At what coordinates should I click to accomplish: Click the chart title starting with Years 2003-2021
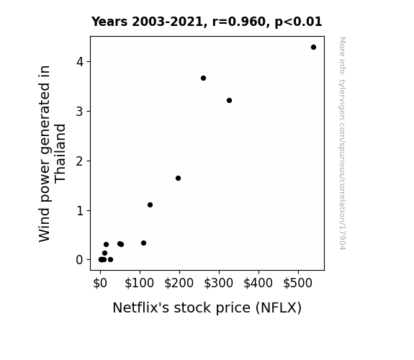tap(207, 22)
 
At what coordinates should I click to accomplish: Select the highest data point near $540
tap(313, 48)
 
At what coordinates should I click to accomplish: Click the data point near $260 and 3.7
tap(203, 78)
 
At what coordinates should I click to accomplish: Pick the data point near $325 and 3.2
tap(229, 100)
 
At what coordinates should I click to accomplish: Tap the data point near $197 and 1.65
tap(179, 179)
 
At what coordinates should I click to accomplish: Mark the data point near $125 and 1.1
tap(150, 204)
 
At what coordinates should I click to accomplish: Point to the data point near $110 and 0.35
tap(143, 243)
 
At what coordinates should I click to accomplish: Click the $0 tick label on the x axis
tap(100, 284)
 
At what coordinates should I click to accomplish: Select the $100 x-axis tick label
tap(139, 284)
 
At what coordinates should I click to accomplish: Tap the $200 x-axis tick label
tap(179, 284)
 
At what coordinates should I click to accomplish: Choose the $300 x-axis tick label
tap(219, 284)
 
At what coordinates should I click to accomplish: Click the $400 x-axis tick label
tap(258, 284)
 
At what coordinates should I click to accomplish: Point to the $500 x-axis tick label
tap(298, 284)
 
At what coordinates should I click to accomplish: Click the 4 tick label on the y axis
tap(80, 62)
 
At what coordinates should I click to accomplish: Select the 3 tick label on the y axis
tap(80, 112)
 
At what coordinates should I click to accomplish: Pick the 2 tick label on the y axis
tap(80, 161)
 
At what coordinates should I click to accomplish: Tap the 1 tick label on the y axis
tap(80, 211)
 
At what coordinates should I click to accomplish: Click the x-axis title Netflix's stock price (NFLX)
tap(207, 308)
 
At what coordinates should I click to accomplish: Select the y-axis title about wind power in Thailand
tap(52, 153)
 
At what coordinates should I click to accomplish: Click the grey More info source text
tap(342, 143)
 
